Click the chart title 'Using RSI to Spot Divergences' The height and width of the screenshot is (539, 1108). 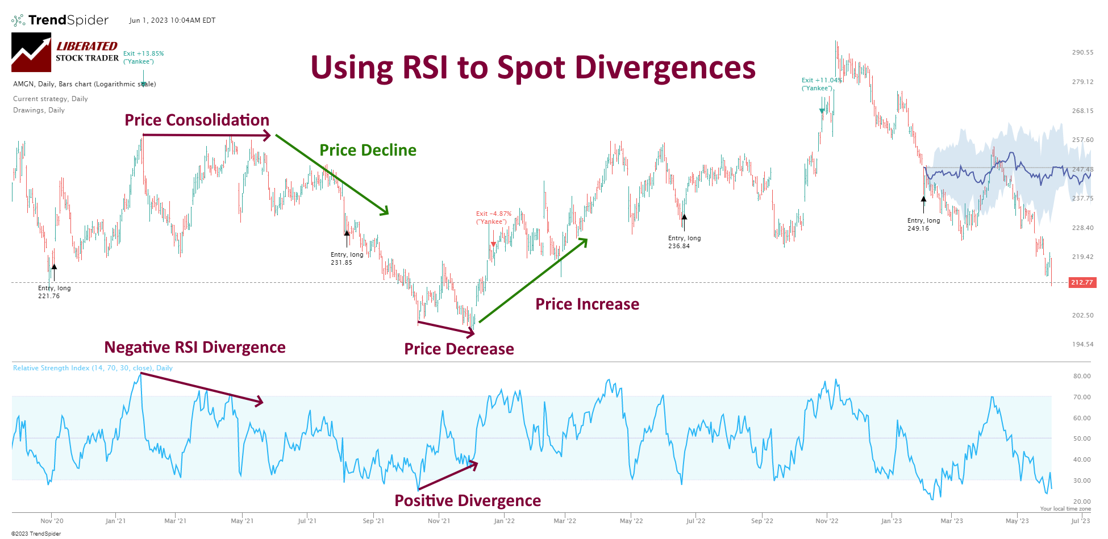click(x=532, y=68)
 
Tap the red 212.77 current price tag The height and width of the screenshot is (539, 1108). click(x=1082, y=282)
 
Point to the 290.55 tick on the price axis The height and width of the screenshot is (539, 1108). click(x=1082, y=52)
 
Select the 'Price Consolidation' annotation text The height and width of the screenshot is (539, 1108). click(x=197, y=120)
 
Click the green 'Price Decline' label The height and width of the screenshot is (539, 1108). click(x=368, y=151)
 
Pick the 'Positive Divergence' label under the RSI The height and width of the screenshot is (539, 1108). click(x=467, y=501)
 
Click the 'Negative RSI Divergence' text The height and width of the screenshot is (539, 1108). click(x=195, y=348)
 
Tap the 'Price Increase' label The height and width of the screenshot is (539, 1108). click(x=587, y=304)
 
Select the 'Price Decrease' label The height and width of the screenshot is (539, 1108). click(x=459, y=349)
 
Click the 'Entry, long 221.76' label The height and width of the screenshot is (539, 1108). click(x=54, y=292)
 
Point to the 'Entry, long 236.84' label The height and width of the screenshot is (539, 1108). click(x=684, y=242)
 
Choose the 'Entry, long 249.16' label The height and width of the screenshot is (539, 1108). click(x=923, y=224)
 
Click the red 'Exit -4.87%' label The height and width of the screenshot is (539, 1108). click(x=493, y=218)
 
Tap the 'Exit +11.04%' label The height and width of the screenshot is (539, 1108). click(x=821, y=84)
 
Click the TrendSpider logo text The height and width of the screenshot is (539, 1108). click(x=68, y=20)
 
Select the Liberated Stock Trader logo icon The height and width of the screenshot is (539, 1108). click(x=31, y=52)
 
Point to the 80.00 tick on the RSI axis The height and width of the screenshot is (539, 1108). click(x=1081, y=376)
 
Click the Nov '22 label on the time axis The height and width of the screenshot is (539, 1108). click(x=826, y=521)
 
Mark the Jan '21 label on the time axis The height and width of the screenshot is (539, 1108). click(x=115, y=521)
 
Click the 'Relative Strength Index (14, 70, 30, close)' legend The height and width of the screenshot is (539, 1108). click(x=93, y=368)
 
